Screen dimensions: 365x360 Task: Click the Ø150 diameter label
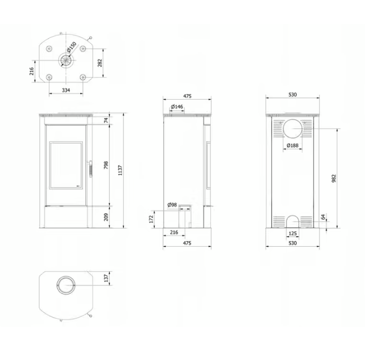click(71, 47)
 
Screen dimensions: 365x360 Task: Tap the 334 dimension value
click(66, 90)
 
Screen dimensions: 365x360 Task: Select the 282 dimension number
click(100, 63)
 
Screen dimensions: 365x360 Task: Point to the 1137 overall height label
click(120, 171)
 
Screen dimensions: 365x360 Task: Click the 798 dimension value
click(106, 165)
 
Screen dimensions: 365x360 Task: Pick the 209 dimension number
click(106, 217)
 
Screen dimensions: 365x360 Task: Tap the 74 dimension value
click(106, 121)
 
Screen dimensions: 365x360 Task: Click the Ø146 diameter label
click(177, 107)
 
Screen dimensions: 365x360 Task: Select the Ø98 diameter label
click(172, 205)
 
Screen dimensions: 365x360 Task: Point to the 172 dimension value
click(152, 219)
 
